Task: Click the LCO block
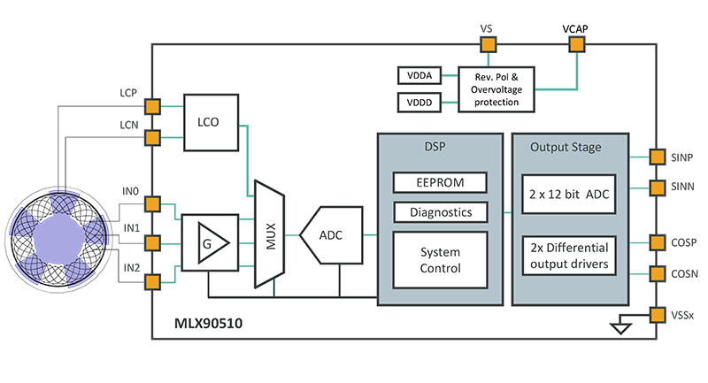point(212,123)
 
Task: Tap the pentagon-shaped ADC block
point(331,236)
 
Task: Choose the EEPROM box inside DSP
point(440,183)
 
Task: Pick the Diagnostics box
point(440,212)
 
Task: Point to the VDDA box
point(418,77)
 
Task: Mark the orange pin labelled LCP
point(152,107)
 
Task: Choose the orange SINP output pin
point(657,157)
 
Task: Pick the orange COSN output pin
point(657,273)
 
